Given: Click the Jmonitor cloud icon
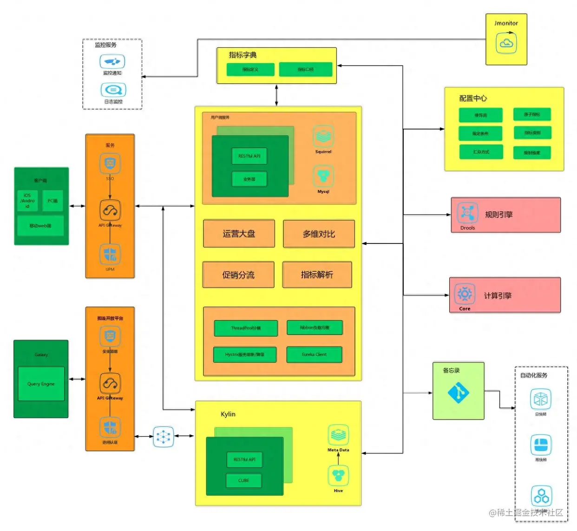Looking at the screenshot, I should click(506, 43).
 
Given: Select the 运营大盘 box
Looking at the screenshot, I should click(239, 234).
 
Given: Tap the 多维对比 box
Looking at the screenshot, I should click(319, 234).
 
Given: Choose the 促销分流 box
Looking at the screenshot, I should click(238, 275).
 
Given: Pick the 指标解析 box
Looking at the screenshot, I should click(317, 275).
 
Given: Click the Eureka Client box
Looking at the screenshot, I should click(314, 354).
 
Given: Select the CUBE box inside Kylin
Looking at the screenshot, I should click(243, 480).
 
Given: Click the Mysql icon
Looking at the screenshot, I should click(323, 177).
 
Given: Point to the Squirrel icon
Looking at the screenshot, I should click(323, 137).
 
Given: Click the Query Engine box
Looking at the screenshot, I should click(41, 384).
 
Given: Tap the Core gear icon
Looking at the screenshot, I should click(465, 294).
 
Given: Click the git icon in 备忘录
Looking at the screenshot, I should click(458, 393).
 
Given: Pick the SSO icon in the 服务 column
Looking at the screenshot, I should click(110, 164).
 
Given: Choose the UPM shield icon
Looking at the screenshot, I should click(110, 255).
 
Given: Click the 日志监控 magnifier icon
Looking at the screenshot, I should click(113, 90).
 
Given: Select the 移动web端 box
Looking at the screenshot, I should click(40, 226).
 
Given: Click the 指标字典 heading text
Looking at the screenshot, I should click(243, 55).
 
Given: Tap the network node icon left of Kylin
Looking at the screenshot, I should click(164, 437).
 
